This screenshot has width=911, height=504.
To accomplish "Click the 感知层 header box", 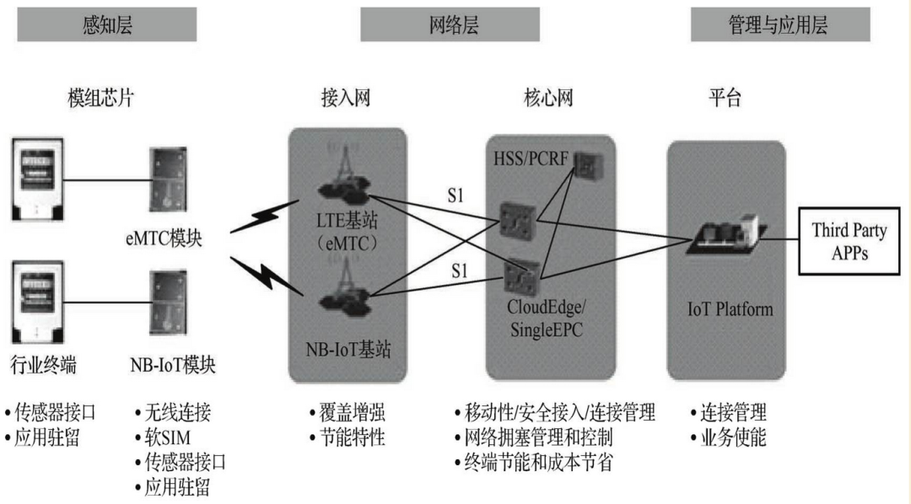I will pos(107,25).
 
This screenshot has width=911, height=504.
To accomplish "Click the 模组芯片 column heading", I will pos(100,99).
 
